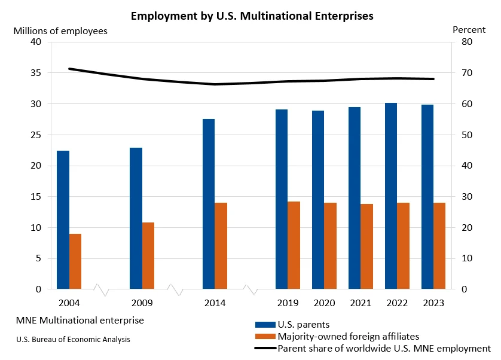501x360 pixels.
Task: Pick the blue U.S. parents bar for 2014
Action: pos(209,204)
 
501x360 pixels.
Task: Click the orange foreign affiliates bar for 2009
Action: pos(148,256)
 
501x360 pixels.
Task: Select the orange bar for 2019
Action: pos(294,245)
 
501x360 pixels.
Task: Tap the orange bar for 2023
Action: pos(439,246)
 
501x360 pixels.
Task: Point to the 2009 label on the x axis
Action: pos(142,303)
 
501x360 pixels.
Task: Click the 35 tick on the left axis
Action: pos(36,73)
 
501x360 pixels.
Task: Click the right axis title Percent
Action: pos(469,29)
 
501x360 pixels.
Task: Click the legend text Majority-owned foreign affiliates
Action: pos(349,337)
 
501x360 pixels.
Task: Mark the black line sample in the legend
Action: pos(265,348)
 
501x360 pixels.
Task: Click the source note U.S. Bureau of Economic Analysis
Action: pos(74,339)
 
